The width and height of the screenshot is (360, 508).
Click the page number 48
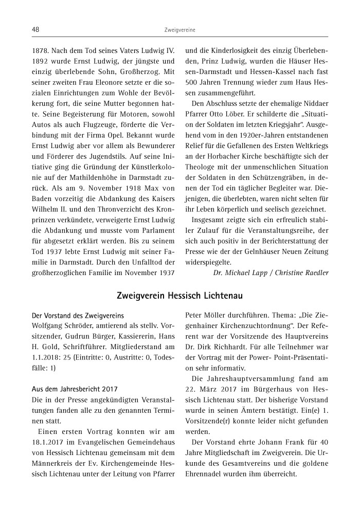pos(35,30)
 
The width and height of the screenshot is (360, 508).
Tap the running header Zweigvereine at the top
pos(179,30)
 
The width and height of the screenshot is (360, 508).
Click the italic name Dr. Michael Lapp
pos(240,273)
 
